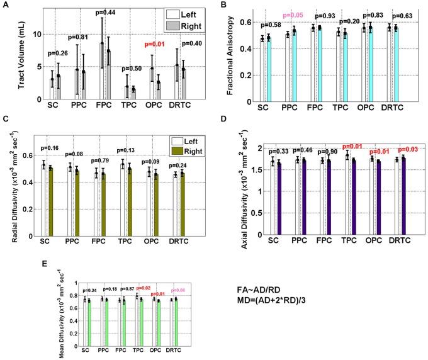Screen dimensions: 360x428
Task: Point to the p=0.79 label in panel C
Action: (x=103, y=150)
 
